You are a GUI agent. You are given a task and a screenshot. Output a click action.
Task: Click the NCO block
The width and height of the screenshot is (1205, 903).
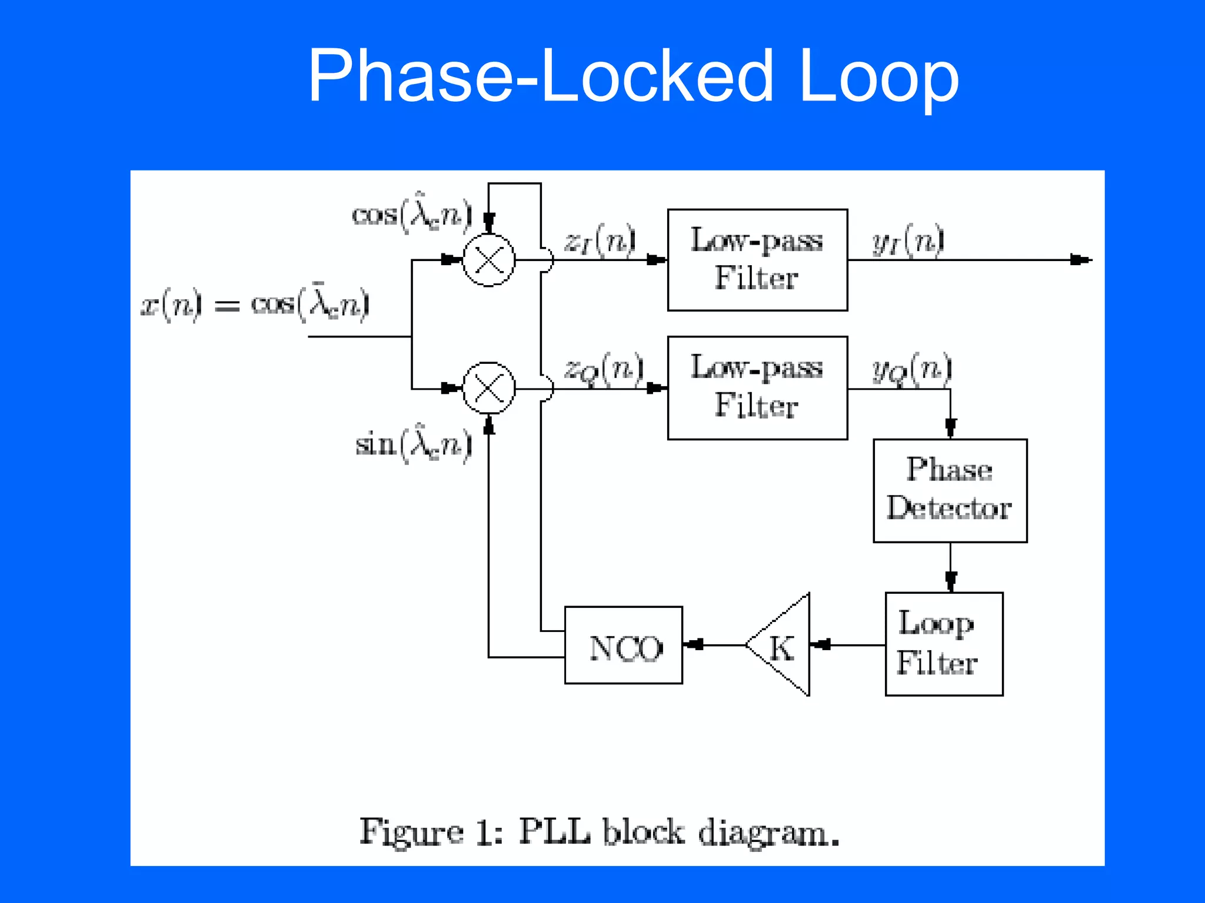(x=623, y=646)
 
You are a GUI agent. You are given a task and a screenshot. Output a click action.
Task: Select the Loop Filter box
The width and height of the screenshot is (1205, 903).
(x=944, y=644)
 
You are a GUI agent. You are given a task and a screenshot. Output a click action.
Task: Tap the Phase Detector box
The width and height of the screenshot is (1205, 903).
(x=950, y=490)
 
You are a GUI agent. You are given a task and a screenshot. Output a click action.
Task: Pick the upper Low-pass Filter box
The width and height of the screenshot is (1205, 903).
(x=757, y=260)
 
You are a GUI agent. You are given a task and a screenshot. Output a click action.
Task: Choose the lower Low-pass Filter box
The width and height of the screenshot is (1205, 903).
(x=757, y=388)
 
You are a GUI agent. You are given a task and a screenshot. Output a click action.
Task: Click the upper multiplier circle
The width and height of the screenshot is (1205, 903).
(x=488, y=260)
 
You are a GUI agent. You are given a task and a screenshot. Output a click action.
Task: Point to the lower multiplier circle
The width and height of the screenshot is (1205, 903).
(x=488, y=388)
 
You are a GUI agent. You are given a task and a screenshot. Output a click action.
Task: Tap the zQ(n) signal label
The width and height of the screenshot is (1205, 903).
(x=604, y=369)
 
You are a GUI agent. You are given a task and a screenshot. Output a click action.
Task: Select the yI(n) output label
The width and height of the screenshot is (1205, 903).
(x=908, y=240)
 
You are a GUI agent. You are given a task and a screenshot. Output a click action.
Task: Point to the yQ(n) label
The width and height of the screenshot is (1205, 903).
(x=911, y=369)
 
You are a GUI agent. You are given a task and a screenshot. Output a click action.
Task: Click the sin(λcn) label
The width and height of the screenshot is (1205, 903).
(x=413, y=443)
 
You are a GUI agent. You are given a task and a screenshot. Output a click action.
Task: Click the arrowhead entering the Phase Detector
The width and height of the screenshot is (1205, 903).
(x=950, y=427)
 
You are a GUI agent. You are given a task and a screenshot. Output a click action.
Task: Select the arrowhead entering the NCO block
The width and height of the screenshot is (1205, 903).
(x=694, y=645)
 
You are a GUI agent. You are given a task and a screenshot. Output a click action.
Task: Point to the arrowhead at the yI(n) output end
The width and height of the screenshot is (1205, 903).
(x=1080, y=260)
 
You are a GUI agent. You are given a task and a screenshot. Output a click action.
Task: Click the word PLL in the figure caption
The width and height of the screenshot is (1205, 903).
(x=554, y=832)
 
